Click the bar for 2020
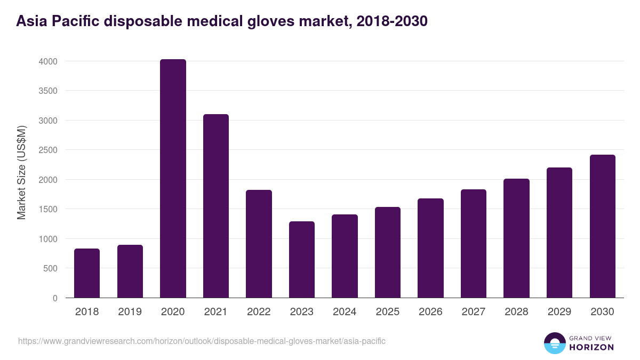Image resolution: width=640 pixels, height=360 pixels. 173,179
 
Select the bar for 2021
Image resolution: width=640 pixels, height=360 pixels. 216,206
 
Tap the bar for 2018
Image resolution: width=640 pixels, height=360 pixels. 87,273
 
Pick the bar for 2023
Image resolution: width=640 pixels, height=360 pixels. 302,260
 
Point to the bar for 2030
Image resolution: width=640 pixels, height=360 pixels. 603,226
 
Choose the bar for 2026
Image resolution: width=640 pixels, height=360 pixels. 431,248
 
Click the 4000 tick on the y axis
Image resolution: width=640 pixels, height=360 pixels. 47,61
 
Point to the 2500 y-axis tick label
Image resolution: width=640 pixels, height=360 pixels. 47,150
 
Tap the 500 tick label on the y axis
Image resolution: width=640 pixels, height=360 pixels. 51,268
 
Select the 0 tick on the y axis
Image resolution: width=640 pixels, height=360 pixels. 55,298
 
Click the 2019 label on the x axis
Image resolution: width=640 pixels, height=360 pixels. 130,312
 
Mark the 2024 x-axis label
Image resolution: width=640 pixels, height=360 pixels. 345,312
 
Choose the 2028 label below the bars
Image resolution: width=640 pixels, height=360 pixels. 516,312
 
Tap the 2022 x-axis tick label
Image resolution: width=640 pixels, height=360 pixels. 259,312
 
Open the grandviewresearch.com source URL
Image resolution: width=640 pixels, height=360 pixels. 202,341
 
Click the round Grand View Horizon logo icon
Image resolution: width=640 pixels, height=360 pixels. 555,343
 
